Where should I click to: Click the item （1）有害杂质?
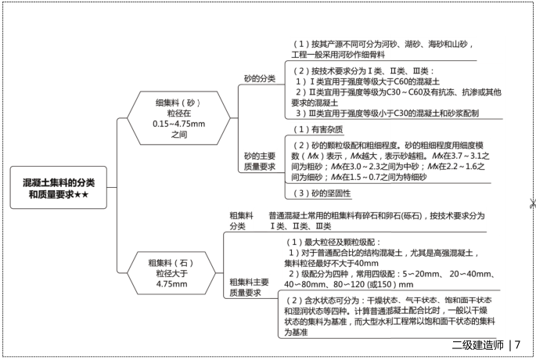click(x=318, y=129)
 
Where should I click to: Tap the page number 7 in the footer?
click(x=518, y=345)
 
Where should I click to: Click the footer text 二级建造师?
click(x=477, y=345)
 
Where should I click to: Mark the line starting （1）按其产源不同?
click(x=382, y=44)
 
